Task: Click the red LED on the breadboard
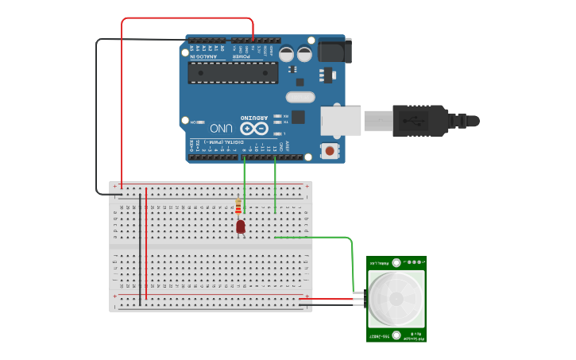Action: click(x=241, y=227)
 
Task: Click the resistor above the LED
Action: click(x=238, y=207)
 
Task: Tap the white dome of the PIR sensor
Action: click(x=396, y=299)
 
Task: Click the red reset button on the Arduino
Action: click(x=329, y=150)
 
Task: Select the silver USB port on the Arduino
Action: click(x=341, y=120)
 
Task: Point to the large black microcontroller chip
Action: click(x=233, y=72)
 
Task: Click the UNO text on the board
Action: click(x=221, y=128)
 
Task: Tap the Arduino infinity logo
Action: click(x=255, y=128)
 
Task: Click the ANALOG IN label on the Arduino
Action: click(x=205, y=56)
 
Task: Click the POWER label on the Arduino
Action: click(x=241, y=56)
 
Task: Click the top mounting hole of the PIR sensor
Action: click(x=396, y=261)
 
